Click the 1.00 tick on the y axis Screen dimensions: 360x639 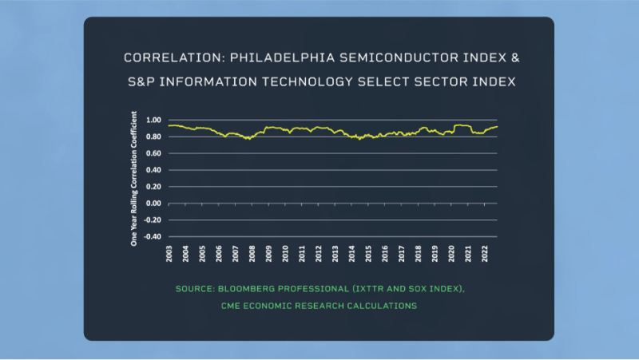[x=154, y=120]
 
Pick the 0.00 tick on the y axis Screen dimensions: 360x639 [x=154, y=204]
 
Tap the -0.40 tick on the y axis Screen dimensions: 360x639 [x=153, y=237]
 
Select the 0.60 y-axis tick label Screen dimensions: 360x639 [x=154, y=153]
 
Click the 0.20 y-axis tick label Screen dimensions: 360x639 [x=154, y=187]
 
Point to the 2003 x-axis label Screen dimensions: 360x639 [x=169, y=254]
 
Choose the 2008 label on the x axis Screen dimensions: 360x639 [x=252, y=254]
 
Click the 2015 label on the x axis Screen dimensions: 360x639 [x=368, y=254]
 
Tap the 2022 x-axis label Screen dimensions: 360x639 [x=485, y=254]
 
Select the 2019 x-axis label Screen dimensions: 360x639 [x=435, y=254]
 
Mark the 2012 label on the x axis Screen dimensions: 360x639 [x=319, y=254]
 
